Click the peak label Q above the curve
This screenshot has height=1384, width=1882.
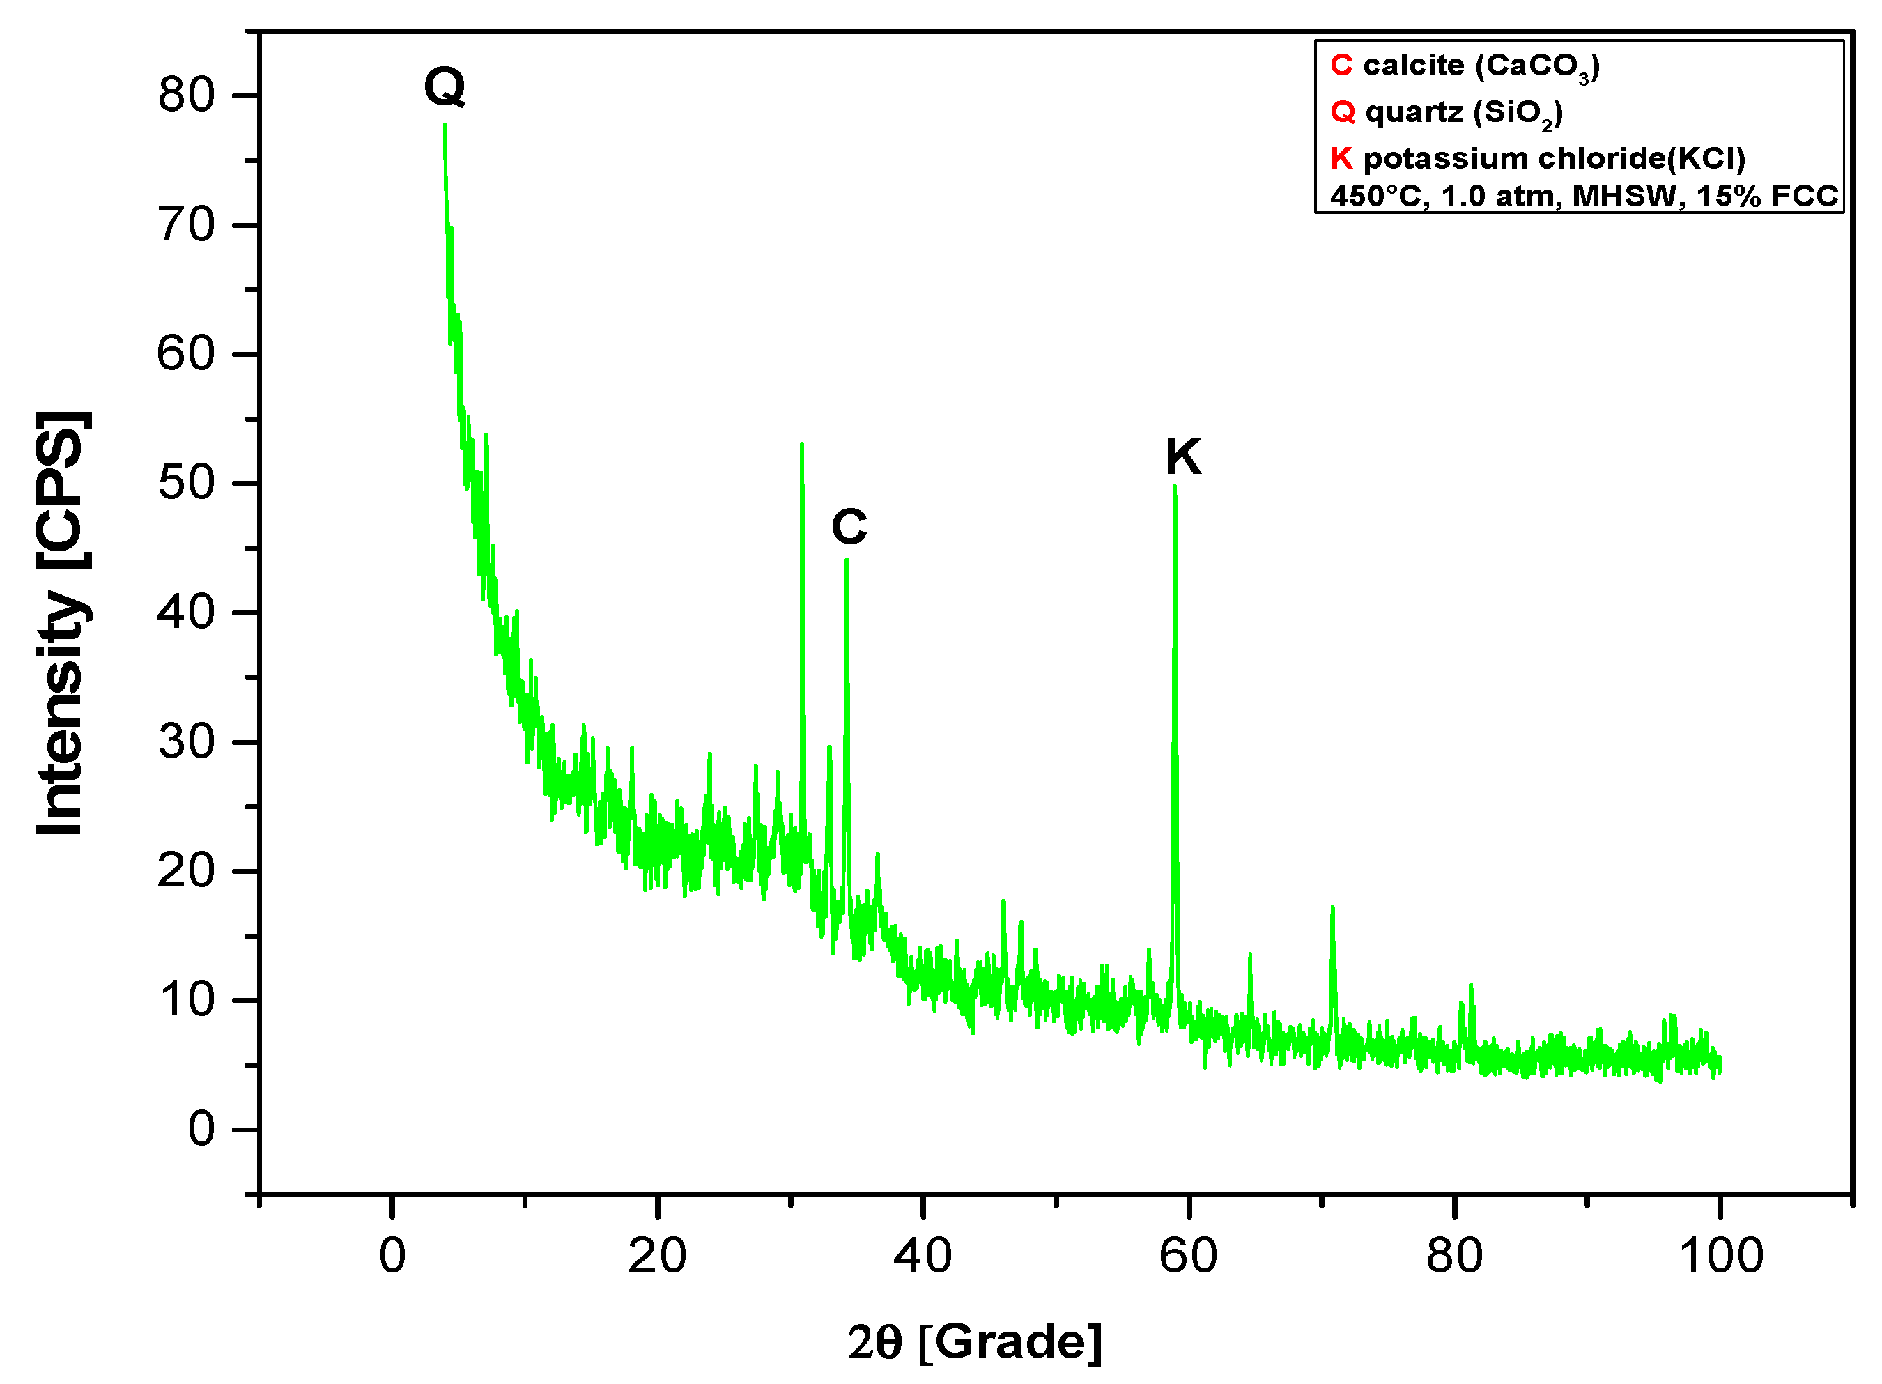[445, 86]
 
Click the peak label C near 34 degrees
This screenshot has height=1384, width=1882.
[849, 527]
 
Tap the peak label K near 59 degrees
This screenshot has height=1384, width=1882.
[1182, 457]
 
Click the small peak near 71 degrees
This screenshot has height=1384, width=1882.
[1332, 908]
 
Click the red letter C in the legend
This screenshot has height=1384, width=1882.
[1341, 66]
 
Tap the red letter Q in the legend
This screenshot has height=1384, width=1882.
[1343, 112]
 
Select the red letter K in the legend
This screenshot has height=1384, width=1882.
[1341, 157]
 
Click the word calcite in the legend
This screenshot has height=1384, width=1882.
[1413, 66]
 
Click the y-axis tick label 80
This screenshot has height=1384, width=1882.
[186, 95]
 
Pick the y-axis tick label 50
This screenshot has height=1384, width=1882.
[186, 484]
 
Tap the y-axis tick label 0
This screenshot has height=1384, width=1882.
[201, 1130]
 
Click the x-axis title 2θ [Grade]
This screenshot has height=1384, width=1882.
[974, 1342]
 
